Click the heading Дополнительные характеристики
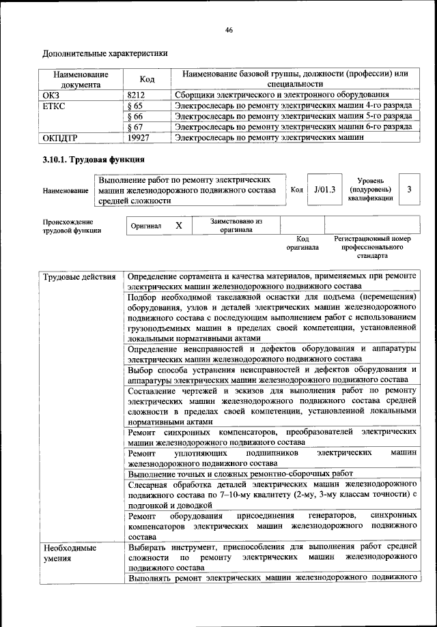pyautogui.click(x=105, y=53)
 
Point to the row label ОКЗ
pyautogui.click(x=52, y=95)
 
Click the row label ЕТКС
pyautogui.click(x=55, y=106)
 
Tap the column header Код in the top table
pyautogui.click(x=147, y=79)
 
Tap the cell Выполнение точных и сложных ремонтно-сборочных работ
pyautogui.click(x=240, y=473)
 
